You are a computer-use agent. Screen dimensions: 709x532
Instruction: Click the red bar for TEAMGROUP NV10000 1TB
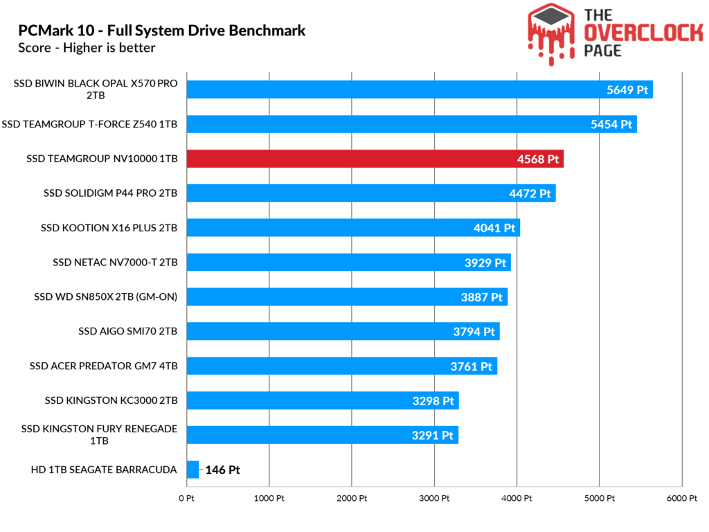(x=375, y=159)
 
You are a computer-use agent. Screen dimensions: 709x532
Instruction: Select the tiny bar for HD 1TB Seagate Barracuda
(x=192, y=470)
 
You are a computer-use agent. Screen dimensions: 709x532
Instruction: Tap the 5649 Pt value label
(x=627, y=90)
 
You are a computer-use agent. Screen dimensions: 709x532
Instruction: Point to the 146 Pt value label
(x=222, y=470)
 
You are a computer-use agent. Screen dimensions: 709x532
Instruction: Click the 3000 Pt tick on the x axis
(x=434, y=499)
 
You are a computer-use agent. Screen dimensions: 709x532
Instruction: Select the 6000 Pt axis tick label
(x=682, y=499)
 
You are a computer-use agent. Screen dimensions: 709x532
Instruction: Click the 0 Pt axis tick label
(x=186, y=499)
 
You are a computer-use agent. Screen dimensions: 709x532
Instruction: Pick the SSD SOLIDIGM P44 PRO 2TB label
(x=110, y=193)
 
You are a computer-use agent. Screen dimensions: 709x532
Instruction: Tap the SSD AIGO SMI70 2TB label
(x=127, y=331)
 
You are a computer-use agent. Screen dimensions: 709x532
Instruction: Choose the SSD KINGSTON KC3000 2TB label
(x=111, y=400)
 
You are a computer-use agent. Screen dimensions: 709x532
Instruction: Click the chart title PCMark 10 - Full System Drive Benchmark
(x=162, y=30)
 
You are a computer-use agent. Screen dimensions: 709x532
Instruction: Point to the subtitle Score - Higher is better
(x=87, y=48)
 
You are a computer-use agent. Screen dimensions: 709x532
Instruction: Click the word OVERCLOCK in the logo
(x=643, y=33)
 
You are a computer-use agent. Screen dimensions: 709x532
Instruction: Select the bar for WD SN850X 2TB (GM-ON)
(x=347, y=296)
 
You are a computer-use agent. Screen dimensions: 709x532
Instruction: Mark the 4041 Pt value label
(x=494, y=228)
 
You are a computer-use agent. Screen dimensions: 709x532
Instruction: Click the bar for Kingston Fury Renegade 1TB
(x=323, y=435)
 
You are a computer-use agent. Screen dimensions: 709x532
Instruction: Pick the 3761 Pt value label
(x=471, y=366)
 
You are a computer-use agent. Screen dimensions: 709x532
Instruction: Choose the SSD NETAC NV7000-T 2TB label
(x=115, y=263)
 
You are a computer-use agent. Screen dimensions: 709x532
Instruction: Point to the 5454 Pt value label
(x=611, y=125)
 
